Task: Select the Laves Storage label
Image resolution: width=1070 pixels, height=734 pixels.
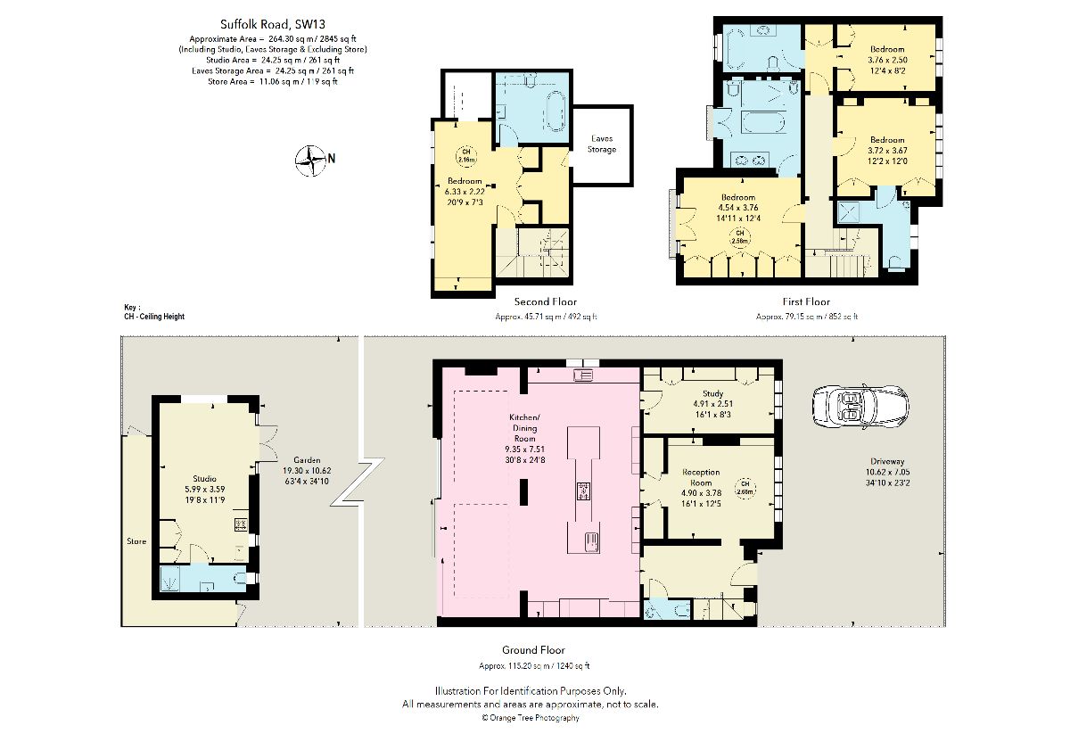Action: tap(602, 144)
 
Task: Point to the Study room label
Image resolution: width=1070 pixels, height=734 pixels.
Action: tap(712, 393)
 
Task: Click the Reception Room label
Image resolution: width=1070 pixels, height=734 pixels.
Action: tap(701, 476)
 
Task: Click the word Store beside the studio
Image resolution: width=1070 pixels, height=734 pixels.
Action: tap(136, 540)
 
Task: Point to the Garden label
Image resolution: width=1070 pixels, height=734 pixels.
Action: tap(307, 460)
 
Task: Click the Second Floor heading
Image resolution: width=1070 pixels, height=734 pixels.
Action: tap(546, 301)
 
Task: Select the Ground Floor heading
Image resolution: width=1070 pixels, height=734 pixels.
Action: tap(534, 650)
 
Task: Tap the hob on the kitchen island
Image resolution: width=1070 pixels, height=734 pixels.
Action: tap(584, 490)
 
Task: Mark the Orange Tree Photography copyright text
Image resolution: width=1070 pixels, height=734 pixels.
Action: tap(531, 717)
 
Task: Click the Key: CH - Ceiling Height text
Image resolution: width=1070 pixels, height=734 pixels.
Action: tap(154, 311)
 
